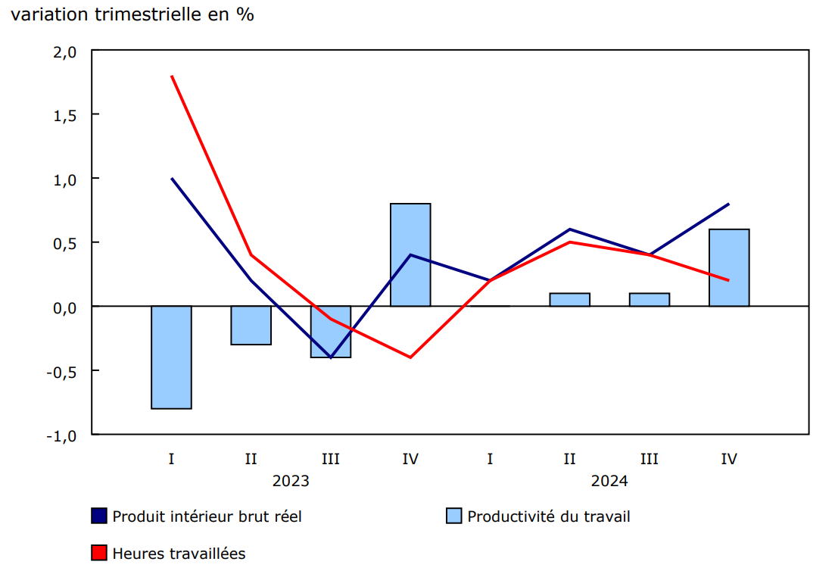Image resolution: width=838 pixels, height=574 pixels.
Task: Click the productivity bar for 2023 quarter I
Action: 171,357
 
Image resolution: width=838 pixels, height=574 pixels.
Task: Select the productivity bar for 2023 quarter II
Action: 251,326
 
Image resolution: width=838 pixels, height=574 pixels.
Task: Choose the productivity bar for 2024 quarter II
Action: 569,300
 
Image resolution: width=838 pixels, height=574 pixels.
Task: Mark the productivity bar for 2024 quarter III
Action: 649,300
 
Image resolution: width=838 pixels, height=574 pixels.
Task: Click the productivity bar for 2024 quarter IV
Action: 729,267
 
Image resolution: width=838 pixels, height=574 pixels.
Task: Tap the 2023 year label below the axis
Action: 291,480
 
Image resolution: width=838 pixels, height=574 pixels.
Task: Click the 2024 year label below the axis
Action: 609,480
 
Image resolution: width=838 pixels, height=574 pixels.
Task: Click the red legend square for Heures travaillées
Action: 98,554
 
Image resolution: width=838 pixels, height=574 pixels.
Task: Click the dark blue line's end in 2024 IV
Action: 728,204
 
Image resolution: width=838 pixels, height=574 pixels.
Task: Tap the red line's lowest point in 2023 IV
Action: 410,357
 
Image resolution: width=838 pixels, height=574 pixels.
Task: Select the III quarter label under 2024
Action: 649,459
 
